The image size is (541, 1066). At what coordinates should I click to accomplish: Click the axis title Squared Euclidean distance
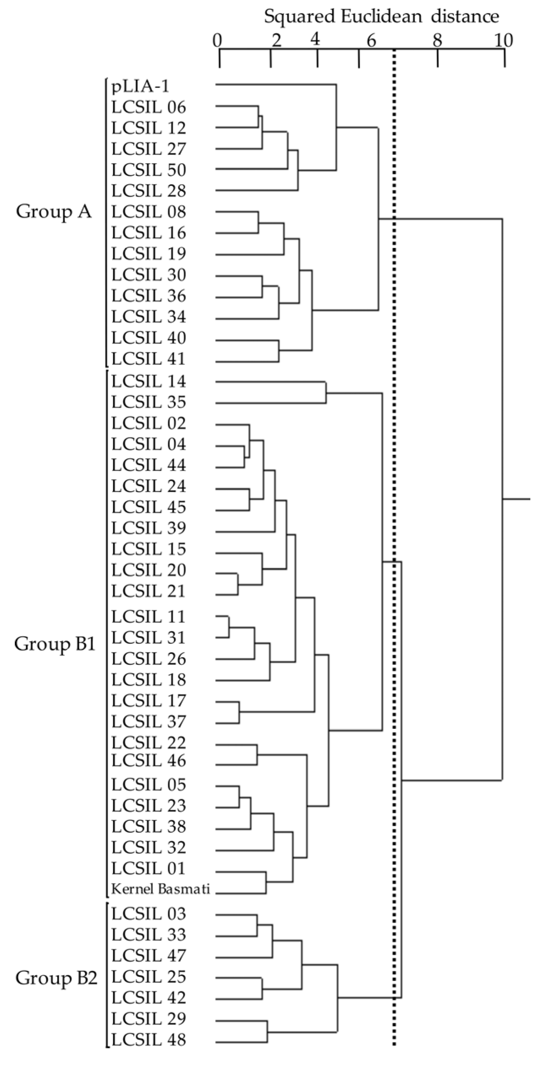coord(381,16)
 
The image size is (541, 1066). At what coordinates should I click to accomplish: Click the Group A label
coord(54,211)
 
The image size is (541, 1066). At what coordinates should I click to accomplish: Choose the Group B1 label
coord(55,644)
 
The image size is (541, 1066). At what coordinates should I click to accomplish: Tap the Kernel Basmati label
coord(161,889)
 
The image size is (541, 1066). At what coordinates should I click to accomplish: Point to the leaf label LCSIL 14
coord(149,381)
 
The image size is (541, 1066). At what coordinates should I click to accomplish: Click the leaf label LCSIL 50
coord(149,170)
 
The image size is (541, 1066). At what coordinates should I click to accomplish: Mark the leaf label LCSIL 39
coord(149,528)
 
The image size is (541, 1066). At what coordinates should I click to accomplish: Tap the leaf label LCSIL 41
coord(149,359)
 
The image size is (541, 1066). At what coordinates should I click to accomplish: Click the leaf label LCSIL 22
coord(149,743)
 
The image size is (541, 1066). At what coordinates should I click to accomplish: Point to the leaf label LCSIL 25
coord(149,976)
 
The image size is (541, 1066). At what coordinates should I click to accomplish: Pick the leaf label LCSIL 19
coord(149,254)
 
